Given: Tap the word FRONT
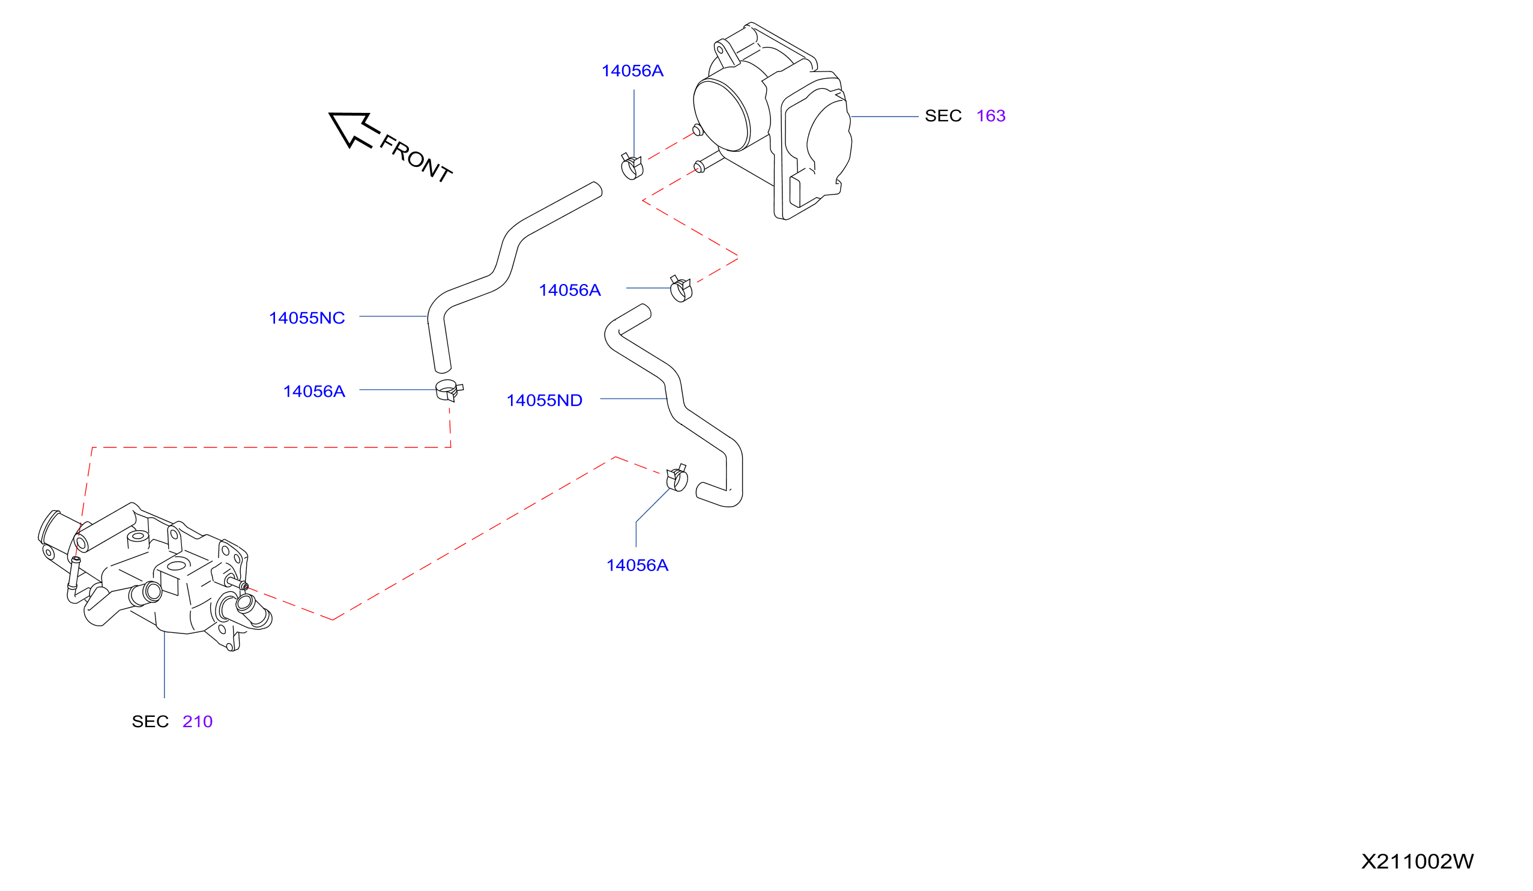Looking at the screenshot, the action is click(416, 159).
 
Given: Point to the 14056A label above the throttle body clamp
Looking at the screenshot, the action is click(633, 71).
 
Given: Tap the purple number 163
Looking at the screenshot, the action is click(991, 116).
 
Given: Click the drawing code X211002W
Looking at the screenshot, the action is click(1418, 861).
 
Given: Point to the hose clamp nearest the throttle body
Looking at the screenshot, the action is click(632, 166).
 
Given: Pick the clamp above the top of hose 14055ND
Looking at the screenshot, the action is click(681, 289).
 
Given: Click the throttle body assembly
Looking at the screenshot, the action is click(773, 122).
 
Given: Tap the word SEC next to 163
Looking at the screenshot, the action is click(943, 116).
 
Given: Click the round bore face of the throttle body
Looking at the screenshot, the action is click(722, 115).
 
